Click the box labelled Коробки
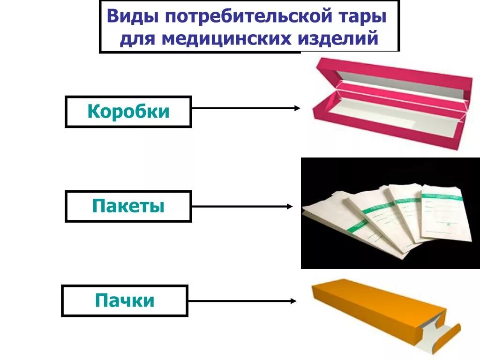[128, 112]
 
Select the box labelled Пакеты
[128, 206]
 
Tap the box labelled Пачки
[124, 300]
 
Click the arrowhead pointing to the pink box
[297, 108]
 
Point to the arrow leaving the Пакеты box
[242, 206]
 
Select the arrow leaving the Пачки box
[241, 301]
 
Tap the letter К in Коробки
[92, 112]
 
